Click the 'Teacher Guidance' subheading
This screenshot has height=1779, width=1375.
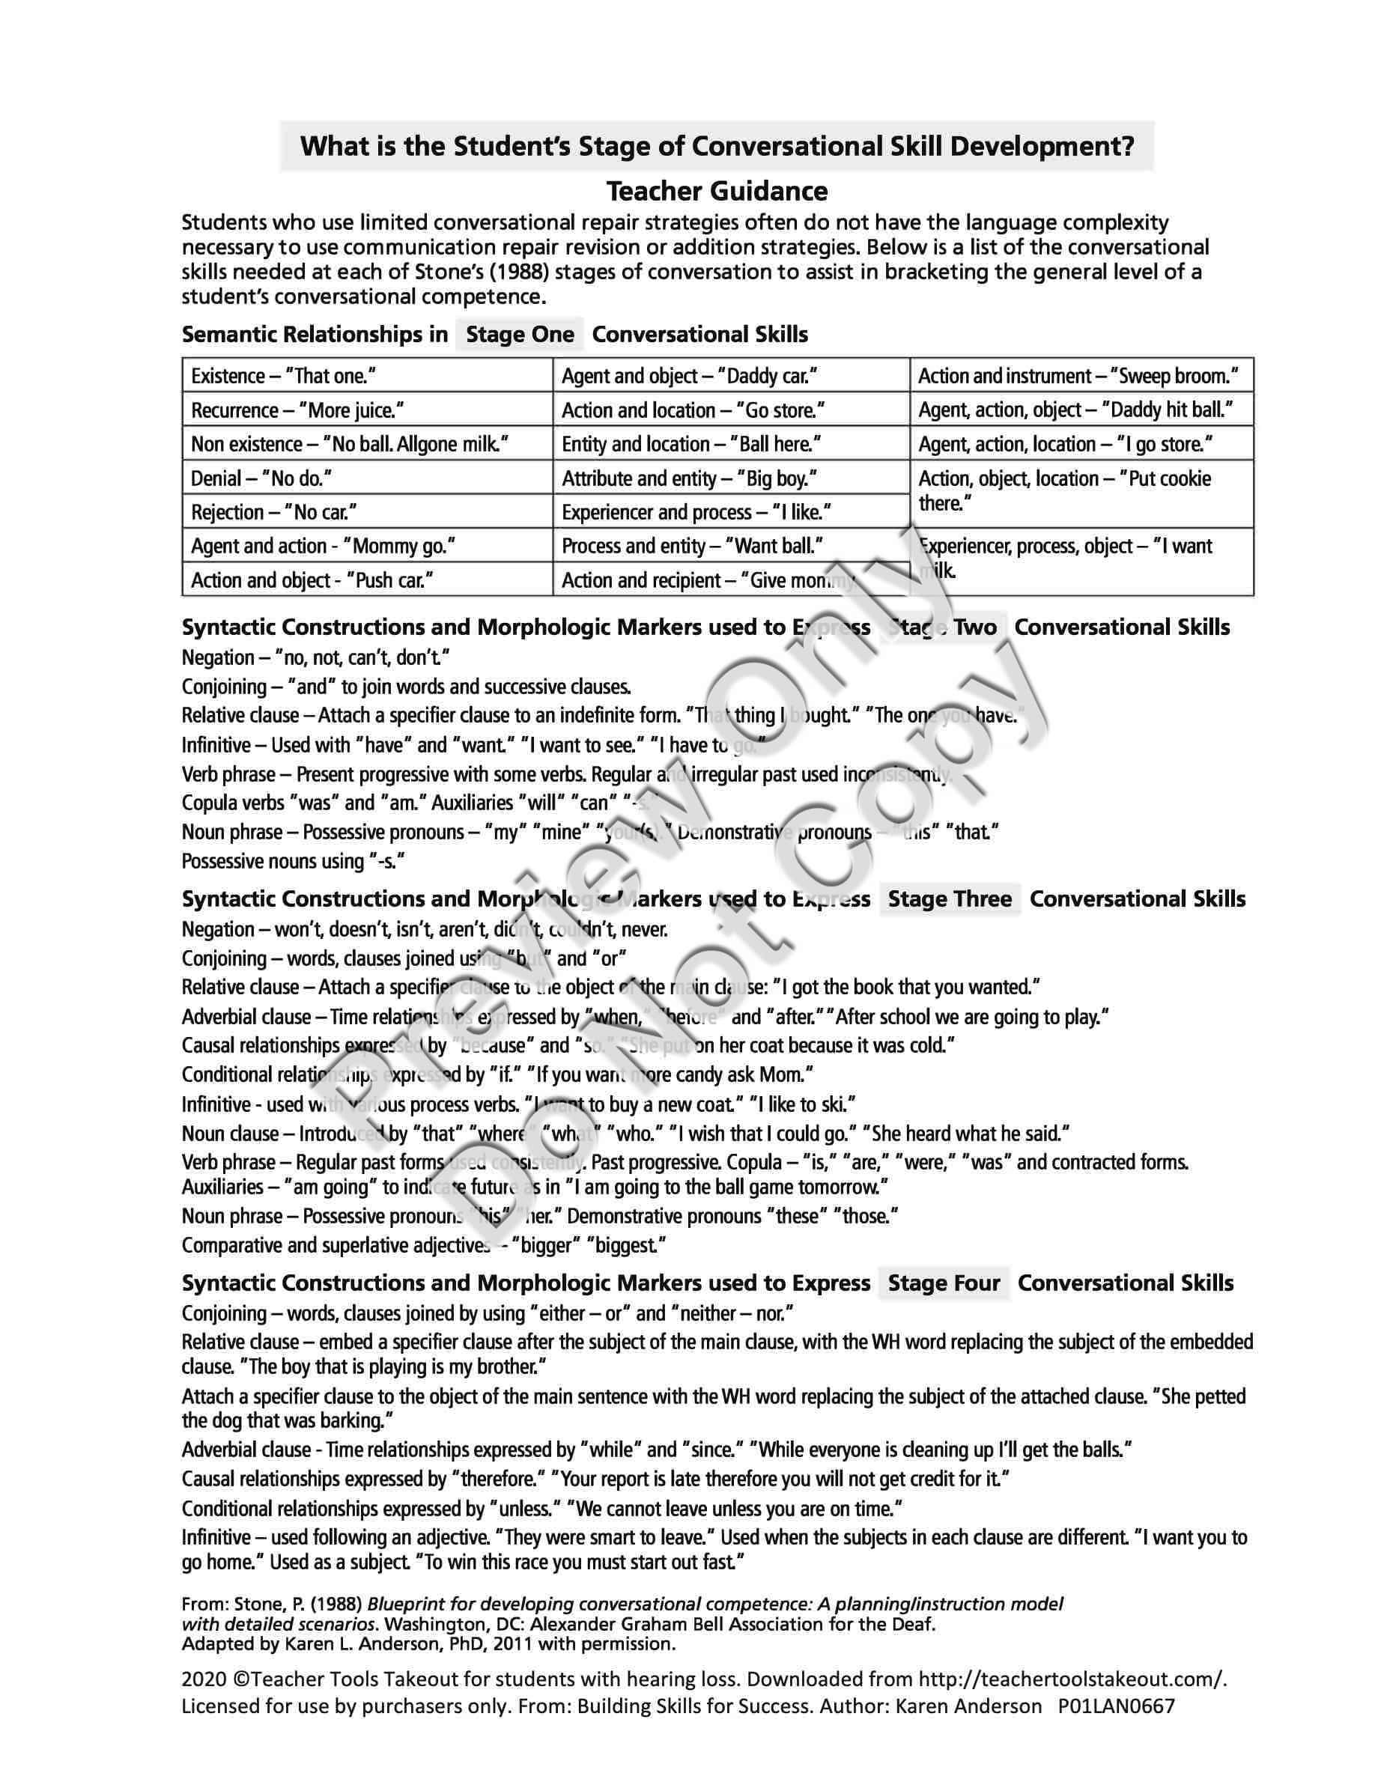click(717, 192)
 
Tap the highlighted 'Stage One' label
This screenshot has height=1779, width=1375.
click(520, 334)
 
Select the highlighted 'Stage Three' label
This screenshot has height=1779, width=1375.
click(949, 898)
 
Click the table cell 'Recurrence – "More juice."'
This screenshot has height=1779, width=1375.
click(366, 410)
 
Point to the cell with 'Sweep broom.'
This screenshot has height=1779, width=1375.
click(1080, 376)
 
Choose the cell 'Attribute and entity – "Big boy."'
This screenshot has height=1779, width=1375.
click(731, 478)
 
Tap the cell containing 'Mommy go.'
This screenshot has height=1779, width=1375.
click(366, 546)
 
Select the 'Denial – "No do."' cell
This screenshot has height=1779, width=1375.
click(366, 478)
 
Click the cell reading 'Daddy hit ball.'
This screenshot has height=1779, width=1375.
click(1080, 410)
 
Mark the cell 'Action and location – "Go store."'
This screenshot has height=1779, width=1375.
click(731, 410)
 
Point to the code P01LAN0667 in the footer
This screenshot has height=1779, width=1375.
click(1117, 1705)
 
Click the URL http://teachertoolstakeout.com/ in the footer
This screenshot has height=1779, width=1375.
click(1072, 1679)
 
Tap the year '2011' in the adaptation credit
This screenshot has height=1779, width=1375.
click(509, 1643)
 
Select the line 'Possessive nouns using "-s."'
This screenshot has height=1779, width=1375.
click(294, 861)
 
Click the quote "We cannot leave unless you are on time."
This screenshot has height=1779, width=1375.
click(738, 1509)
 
